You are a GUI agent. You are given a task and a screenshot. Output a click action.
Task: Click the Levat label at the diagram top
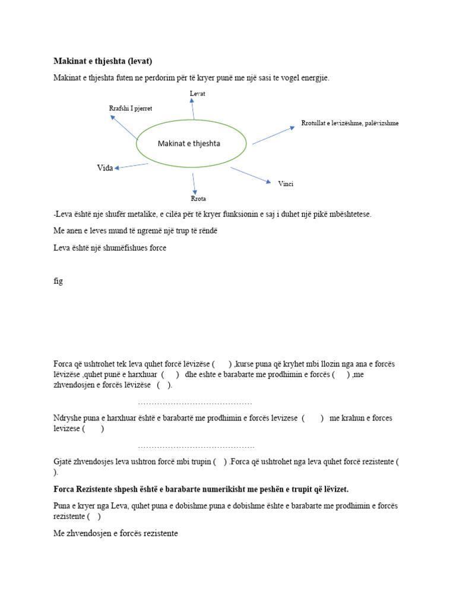coord(197,94)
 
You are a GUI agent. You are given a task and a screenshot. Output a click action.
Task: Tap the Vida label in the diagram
coord(104,168)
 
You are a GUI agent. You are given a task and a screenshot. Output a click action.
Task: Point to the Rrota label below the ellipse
coord(198,198)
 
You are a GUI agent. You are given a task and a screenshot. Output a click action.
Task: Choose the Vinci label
coord(286,183)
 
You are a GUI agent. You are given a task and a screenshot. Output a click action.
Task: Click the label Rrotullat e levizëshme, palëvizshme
coord(350,123)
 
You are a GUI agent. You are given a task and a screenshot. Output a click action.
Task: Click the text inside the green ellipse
coord(189,143)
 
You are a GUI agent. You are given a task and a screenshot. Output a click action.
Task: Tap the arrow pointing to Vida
coord(131,166)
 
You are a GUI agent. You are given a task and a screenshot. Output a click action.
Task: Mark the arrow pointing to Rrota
coord(194,183)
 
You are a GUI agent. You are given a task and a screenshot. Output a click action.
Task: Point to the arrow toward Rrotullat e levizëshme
coord(273,135)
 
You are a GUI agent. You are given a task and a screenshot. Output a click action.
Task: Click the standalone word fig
coord(58,281)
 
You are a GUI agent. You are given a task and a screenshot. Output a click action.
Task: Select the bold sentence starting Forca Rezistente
coord(201,489)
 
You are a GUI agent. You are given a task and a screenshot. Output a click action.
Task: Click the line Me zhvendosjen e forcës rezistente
coord(116,534)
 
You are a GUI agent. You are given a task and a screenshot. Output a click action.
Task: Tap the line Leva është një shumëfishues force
coord(110,248)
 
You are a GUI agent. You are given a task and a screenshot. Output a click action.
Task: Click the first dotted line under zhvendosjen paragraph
coord(195,403)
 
